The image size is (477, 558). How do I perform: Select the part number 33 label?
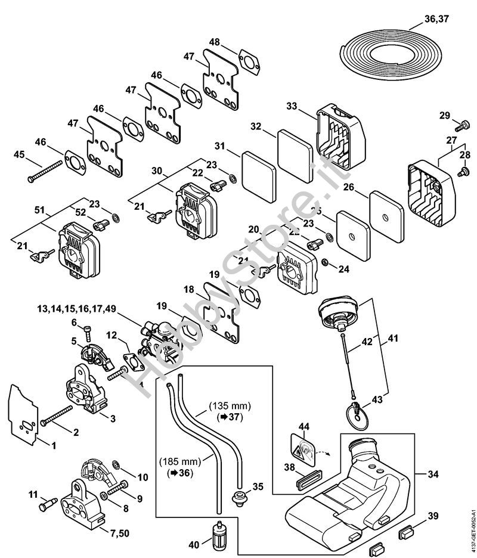click(x=292, y=106)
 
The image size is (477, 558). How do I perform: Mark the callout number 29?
click(x=444, y=115)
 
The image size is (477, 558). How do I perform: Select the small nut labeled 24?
click(x=326, y=263)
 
